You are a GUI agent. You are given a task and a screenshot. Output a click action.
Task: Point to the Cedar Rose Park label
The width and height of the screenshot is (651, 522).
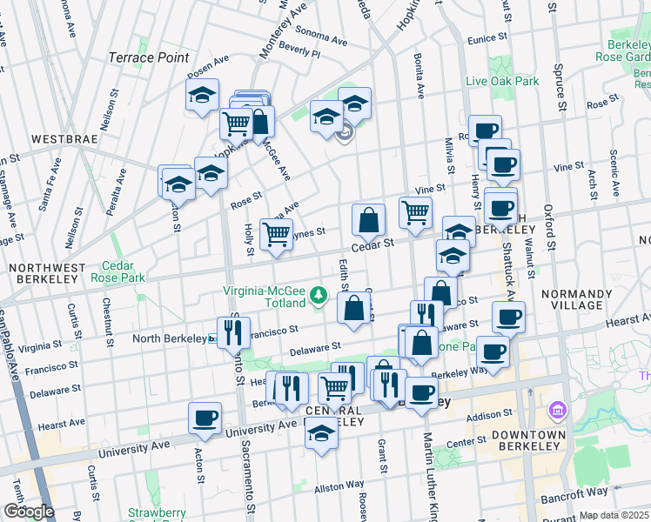tap(123, 271)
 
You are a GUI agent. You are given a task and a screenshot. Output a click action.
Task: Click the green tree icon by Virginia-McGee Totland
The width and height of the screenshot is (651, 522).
tap(319, 296)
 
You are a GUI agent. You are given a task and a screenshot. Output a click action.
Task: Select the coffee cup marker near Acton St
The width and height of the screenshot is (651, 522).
tap(205, 418)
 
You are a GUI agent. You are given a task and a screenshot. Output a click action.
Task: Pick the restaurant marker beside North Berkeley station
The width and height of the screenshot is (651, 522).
tap(233, 331)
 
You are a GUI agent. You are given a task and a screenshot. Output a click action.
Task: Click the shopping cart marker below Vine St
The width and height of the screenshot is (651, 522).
tap(416, 211)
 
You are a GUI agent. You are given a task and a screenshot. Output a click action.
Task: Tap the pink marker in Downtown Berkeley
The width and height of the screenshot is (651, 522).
tap(556, 409)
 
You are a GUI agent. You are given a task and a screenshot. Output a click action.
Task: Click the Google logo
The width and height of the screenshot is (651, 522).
tap(28, 512)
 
